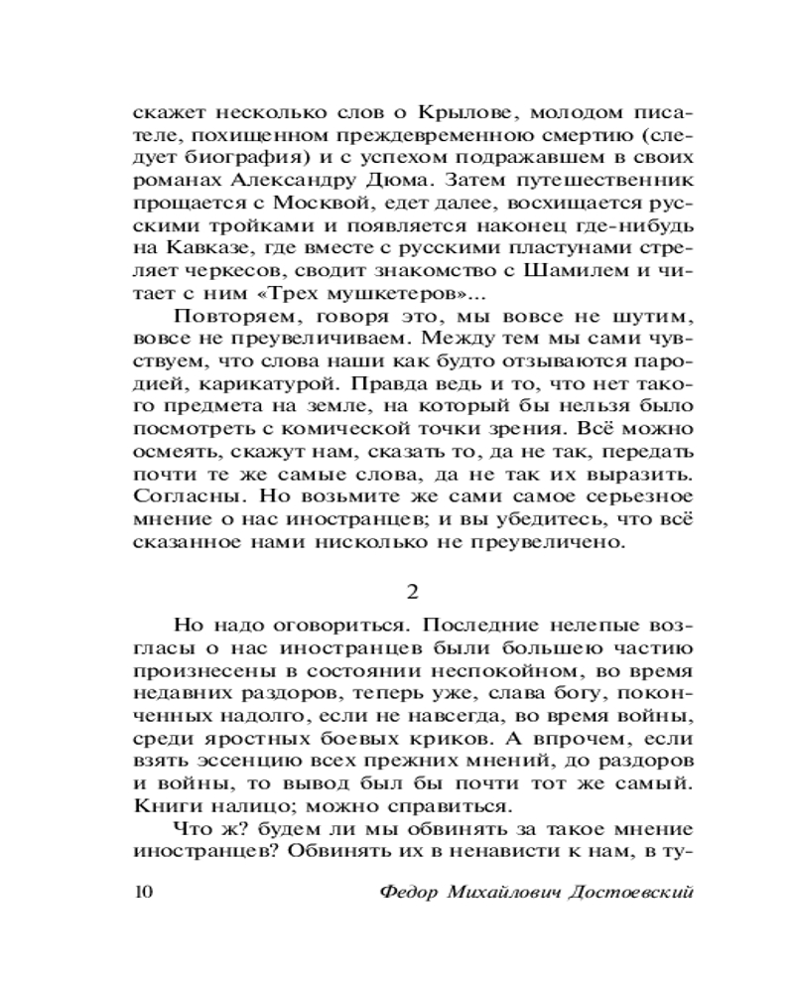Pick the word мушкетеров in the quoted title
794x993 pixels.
click(x=405, y=302)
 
